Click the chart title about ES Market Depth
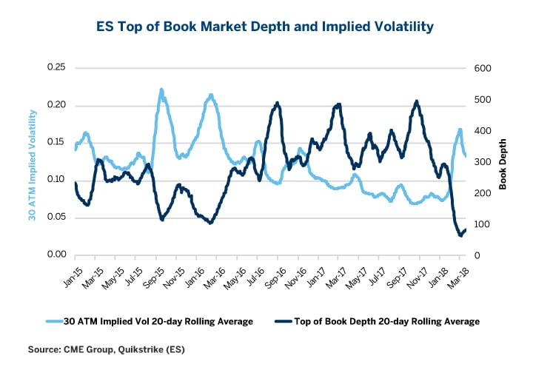coord(265,27)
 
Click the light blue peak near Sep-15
coord(161,90)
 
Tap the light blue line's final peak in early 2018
coord(460,129)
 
